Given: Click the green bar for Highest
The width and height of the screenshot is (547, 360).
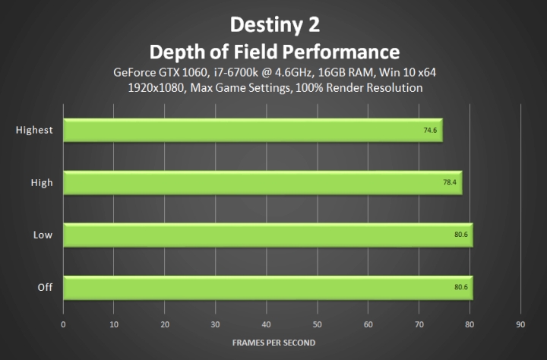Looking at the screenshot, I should click(251, 130).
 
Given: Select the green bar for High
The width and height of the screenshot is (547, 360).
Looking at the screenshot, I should click(262, 182).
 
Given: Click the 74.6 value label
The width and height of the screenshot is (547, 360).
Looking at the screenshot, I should click(431, 130).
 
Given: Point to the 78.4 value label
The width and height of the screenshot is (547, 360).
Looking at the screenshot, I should click(450, 182).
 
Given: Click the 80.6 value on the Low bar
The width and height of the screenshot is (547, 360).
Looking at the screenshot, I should click(461, 235).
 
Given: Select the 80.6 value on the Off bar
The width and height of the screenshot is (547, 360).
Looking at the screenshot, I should click(461, 287).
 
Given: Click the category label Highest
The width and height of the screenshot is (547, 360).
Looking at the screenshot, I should click(34, 130).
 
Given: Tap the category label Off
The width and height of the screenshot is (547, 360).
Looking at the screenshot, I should click(45, 287).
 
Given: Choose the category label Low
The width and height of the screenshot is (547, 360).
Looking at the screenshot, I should click(43, 235).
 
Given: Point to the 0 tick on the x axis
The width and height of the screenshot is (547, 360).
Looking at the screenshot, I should click(64, 324).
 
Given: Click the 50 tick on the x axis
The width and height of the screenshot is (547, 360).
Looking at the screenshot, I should click(318, 324).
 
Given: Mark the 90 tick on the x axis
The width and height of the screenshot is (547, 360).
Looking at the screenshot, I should click(520, 324).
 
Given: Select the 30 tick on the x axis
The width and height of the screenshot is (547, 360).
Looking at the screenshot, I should click(216, 324).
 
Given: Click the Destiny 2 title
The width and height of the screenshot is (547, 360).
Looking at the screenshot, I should click(273, 24).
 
